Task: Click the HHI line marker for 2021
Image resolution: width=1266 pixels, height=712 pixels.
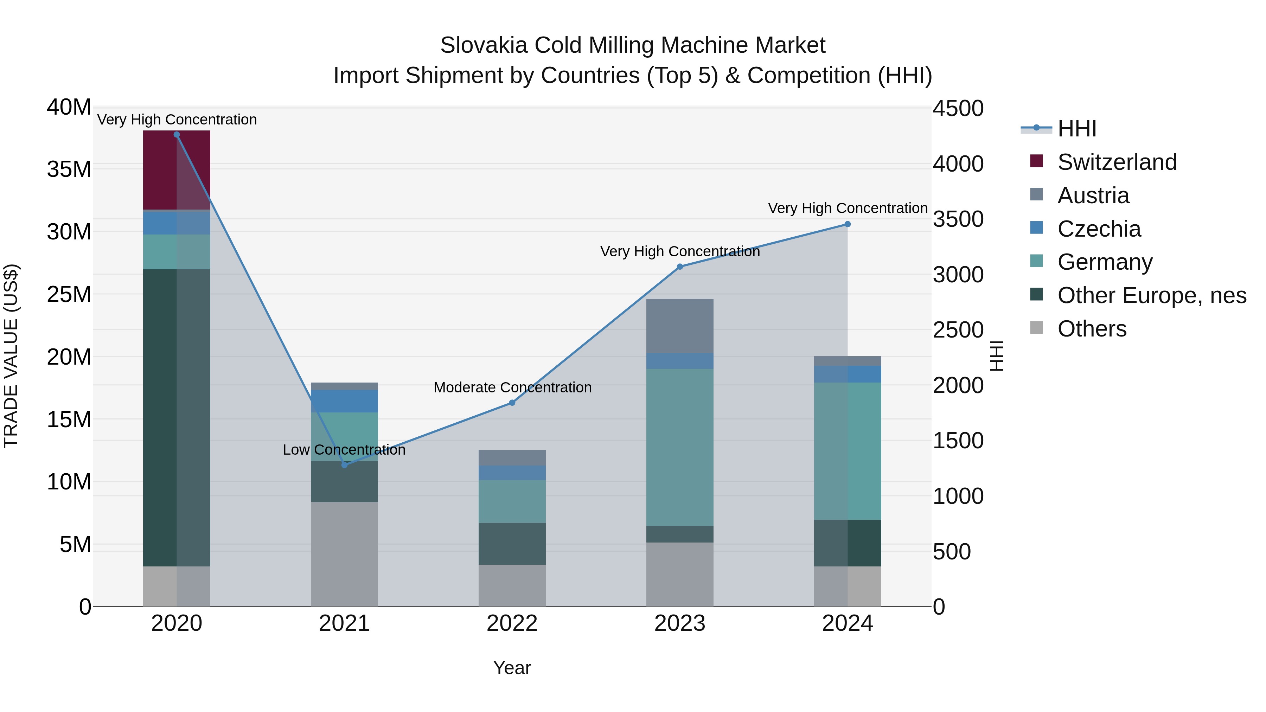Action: click(x=345, y=464)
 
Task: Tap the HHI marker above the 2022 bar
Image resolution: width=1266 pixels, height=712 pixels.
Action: click(x=512, y=403)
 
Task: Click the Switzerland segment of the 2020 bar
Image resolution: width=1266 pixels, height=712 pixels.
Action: click(x=177, y=170)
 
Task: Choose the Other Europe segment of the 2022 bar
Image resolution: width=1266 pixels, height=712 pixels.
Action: click(x=512, y=544)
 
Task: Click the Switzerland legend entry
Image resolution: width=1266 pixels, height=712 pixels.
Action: click(x=1117, y=162)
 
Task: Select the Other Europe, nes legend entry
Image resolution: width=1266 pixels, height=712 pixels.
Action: click(x=1151, y=295)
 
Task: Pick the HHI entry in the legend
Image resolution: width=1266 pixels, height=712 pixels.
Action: click(x=1076, y=129)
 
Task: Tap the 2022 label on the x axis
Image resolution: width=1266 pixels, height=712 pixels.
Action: click(x=512, y=623)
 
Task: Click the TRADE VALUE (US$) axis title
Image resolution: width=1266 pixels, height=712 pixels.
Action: click(x=11, y=356)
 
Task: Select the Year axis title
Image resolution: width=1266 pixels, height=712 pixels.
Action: click(x=512, y=668)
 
